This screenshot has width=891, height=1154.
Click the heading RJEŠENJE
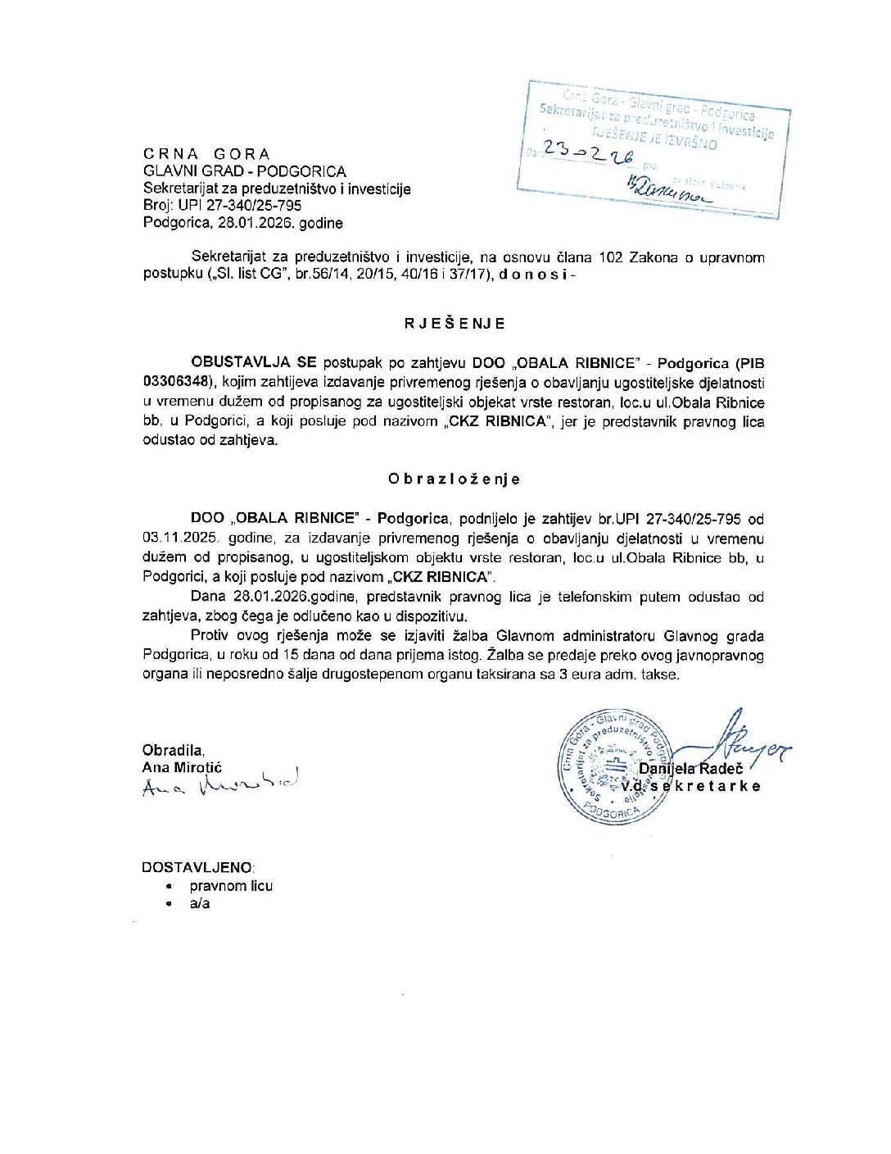point(455,324)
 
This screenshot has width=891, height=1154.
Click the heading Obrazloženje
point(455,479)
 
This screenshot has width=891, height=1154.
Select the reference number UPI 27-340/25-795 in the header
point(239,206)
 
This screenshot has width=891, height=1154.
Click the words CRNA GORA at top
point(206,154)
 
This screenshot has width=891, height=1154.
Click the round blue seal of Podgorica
point(614,766)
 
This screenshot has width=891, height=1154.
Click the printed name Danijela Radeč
point(690,769)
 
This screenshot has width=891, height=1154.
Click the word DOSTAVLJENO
point(197,867)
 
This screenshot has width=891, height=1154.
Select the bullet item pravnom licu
point(231,886)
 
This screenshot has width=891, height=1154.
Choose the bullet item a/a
point(200,904)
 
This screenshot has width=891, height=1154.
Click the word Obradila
point(173,750)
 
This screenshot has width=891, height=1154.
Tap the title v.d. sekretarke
point(690,786)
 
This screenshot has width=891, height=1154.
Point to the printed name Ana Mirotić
point(182,767)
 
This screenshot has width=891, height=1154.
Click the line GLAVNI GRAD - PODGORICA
point(244,171)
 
